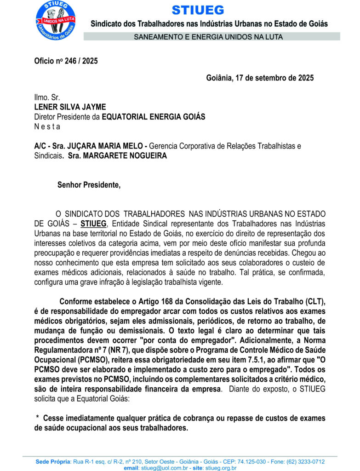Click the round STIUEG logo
click(x=56, y=21)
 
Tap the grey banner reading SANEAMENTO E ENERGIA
click(x=208, y=37)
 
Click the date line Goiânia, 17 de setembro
click(x=260, y=78)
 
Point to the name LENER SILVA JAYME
click(x=70, y=107)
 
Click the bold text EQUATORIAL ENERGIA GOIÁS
click(x=153, y=117)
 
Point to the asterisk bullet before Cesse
click(x=37, y=418)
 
